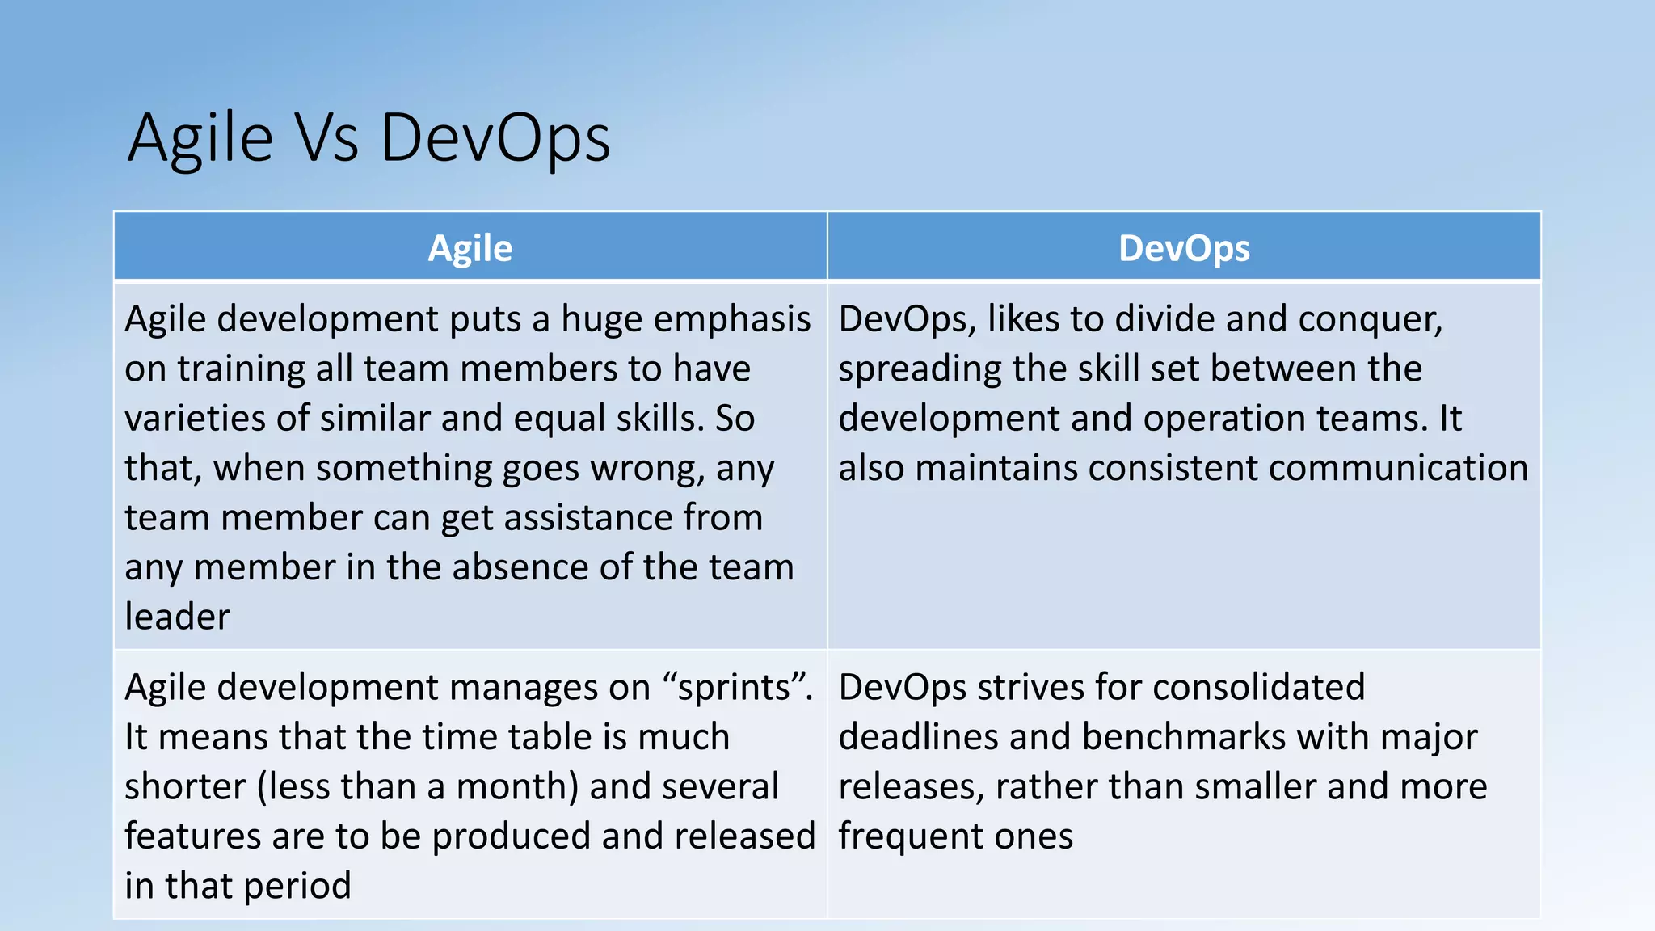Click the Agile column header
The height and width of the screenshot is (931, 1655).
[470, 248]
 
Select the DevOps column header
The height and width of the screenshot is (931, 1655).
[1184, 248]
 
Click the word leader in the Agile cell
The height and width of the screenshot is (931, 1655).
[177, 617]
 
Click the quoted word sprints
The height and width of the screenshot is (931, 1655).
[733, 688]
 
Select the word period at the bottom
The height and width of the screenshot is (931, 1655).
[297, 887]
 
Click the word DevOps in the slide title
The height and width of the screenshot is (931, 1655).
[495, 137]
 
